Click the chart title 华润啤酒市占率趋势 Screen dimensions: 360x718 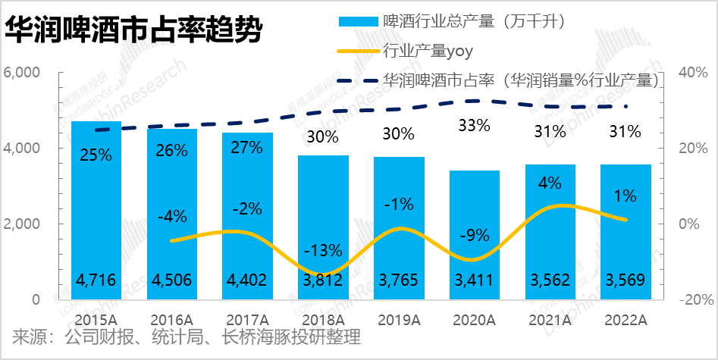click(x=134, y=32)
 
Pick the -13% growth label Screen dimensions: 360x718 click(x=323, y=250)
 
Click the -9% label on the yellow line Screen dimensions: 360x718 click(x=474, y=235)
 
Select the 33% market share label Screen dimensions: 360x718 click(x=474, y=126)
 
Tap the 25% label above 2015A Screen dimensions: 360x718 click(x=96, y=155)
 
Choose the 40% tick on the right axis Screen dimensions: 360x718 click(x=691, y=73)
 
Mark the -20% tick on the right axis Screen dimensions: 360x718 click(x=691, y=300)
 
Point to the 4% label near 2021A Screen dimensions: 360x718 click(x=550, y=183)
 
